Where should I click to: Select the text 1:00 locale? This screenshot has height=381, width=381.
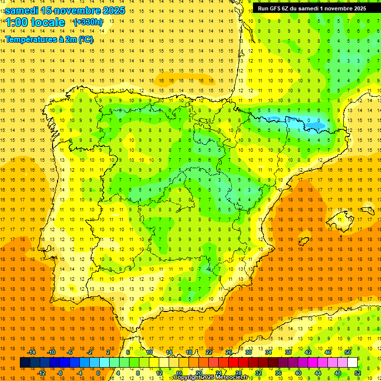tap(35, 22)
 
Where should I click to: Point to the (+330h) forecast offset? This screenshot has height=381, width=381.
tap(88, 22)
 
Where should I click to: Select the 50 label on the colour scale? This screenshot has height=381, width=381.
tap(347, 352)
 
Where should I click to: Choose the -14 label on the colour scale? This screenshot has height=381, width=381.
tap(31, 352)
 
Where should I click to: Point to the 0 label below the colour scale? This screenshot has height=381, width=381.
tap(98, 373)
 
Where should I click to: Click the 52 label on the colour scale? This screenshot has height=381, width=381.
tap(358, 373)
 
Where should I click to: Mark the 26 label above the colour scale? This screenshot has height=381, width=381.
tap(229, 352)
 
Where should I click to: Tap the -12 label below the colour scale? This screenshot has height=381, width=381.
tap(41, 373)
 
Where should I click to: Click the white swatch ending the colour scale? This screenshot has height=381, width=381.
tap(352, 363)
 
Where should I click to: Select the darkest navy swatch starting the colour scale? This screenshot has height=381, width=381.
tap(25, 363)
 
